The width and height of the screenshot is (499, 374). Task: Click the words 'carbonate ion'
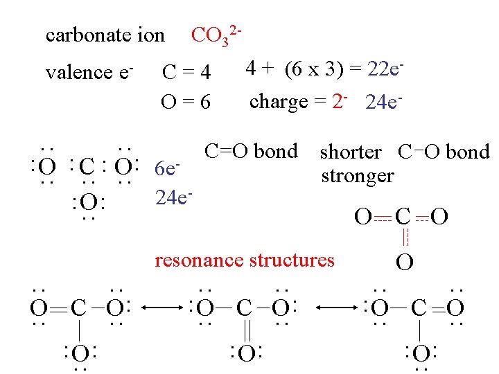pos(105,35)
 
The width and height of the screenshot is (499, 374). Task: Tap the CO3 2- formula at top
pos(216,35)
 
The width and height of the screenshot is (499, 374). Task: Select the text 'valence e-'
pos(89,71)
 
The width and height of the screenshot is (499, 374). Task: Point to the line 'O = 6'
pos(185,102)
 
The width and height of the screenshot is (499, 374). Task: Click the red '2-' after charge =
pos(340,101)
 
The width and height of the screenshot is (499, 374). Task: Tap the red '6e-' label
pos(167,168)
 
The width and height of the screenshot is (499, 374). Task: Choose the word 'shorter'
pos(350,152)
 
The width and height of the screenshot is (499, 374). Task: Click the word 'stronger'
pos(357,175)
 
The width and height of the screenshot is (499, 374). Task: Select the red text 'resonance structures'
pos(244,260)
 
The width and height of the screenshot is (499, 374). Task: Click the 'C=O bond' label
pos(251,151)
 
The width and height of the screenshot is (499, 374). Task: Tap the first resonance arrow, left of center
pos(161,307)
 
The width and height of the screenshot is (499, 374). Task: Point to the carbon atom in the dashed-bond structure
pos(403,217)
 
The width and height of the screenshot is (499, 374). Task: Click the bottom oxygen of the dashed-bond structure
pos(405,263)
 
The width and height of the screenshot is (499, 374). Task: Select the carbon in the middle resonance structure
pos(243,307)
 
